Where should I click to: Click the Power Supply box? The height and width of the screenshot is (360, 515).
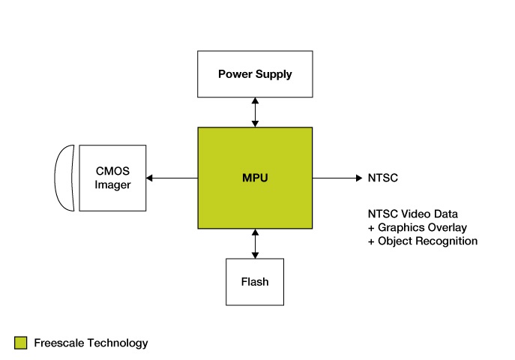point(255,74)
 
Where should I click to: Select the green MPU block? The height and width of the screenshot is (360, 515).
point(255,178)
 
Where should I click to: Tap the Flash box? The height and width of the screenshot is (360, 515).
point(255,282)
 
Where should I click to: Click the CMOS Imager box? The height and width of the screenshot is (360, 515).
point(112,178)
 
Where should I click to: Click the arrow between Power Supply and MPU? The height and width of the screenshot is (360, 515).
point(255,112)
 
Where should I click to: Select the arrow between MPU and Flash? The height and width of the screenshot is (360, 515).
point(255,243)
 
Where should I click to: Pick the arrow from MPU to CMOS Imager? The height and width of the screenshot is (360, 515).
point(172,178)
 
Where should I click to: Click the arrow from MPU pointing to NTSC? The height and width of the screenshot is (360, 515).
point(337,178)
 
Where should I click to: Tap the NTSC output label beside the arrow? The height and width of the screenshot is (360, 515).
point(382,178)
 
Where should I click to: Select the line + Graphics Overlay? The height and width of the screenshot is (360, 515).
point(417,227)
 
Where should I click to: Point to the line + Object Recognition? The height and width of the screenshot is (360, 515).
point(422,241)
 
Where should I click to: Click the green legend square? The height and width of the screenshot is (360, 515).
point(20,343)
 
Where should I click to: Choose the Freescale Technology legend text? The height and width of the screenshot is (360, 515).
point(91,343)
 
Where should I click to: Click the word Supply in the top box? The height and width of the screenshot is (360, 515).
point(274,75)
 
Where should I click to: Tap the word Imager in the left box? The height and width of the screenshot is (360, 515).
point(112,185)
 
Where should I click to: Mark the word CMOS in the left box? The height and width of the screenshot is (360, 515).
point(112,171)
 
